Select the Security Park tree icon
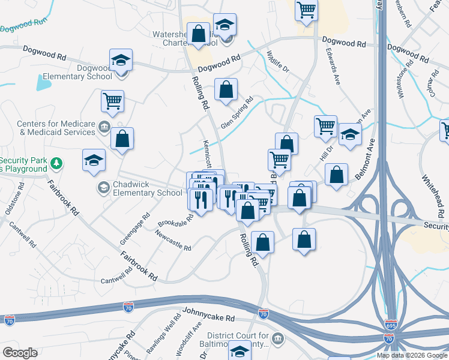pyautogui.click(x=56, y=163)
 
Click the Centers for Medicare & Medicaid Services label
pyautogui.click(x=57, y=127)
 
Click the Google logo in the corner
pyautogui.click(x=20, y=353)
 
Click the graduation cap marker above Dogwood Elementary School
pyautogui.click(x=121, y=60)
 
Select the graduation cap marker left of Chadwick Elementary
pyautogui.click(x=94, y=160)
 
